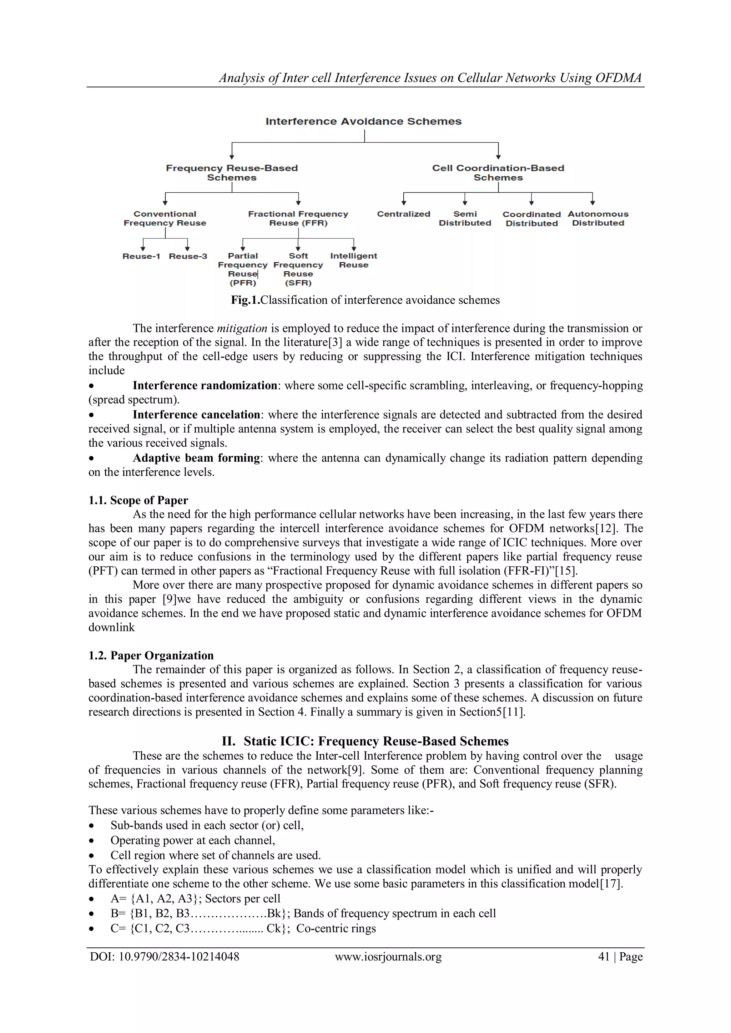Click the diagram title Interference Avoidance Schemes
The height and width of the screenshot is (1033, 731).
(363, 121)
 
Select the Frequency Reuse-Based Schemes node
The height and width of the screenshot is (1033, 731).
(232, 173)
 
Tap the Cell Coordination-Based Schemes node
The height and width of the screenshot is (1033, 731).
(498, 173)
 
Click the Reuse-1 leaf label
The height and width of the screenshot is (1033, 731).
(141, 257)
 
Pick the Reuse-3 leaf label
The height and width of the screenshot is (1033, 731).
(188, 257)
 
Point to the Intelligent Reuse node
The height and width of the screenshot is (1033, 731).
(353, 260)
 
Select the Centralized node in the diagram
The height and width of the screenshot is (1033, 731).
(403, 214)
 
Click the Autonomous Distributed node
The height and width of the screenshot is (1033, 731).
(598, 219)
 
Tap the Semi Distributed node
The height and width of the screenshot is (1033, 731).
(465, 219)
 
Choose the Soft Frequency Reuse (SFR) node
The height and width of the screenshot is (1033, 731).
(298, 269)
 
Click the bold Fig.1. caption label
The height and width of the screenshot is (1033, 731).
(245, 300)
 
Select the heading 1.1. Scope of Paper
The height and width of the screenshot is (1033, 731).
(138, 500)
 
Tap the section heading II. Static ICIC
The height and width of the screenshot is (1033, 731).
(365, 741)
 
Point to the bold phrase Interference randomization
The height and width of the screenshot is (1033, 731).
(205, 386)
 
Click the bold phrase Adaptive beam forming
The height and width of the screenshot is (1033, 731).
(196, 458)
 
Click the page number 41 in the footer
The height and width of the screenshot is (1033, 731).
(603, 957)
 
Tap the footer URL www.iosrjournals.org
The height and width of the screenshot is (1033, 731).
(388, 957)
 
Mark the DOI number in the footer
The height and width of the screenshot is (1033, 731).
(179, 957)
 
